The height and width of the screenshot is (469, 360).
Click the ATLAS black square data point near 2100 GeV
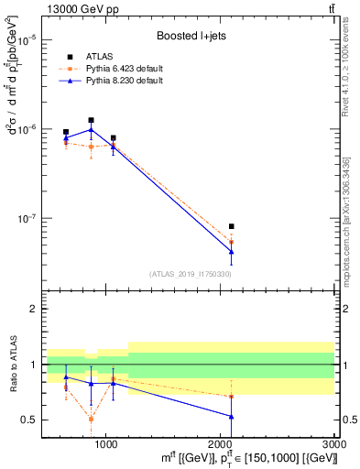tap(231, 226)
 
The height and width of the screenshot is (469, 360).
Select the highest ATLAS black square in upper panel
tap(91, 120)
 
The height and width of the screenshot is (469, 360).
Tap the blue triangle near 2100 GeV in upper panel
tap(231, 251)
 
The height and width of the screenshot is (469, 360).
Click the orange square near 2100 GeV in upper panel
tap(231, 242)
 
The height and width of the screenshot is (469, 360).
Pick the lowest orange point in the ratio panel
tap(91, 419)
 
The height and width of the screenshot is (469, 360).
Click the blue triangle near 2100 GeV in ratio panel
tap(231, 417)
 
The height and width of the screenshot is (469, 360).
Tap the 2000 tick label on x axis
tap(221, 442)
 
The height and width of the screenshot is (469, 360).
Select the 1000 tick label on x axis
tap(106, 442)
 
